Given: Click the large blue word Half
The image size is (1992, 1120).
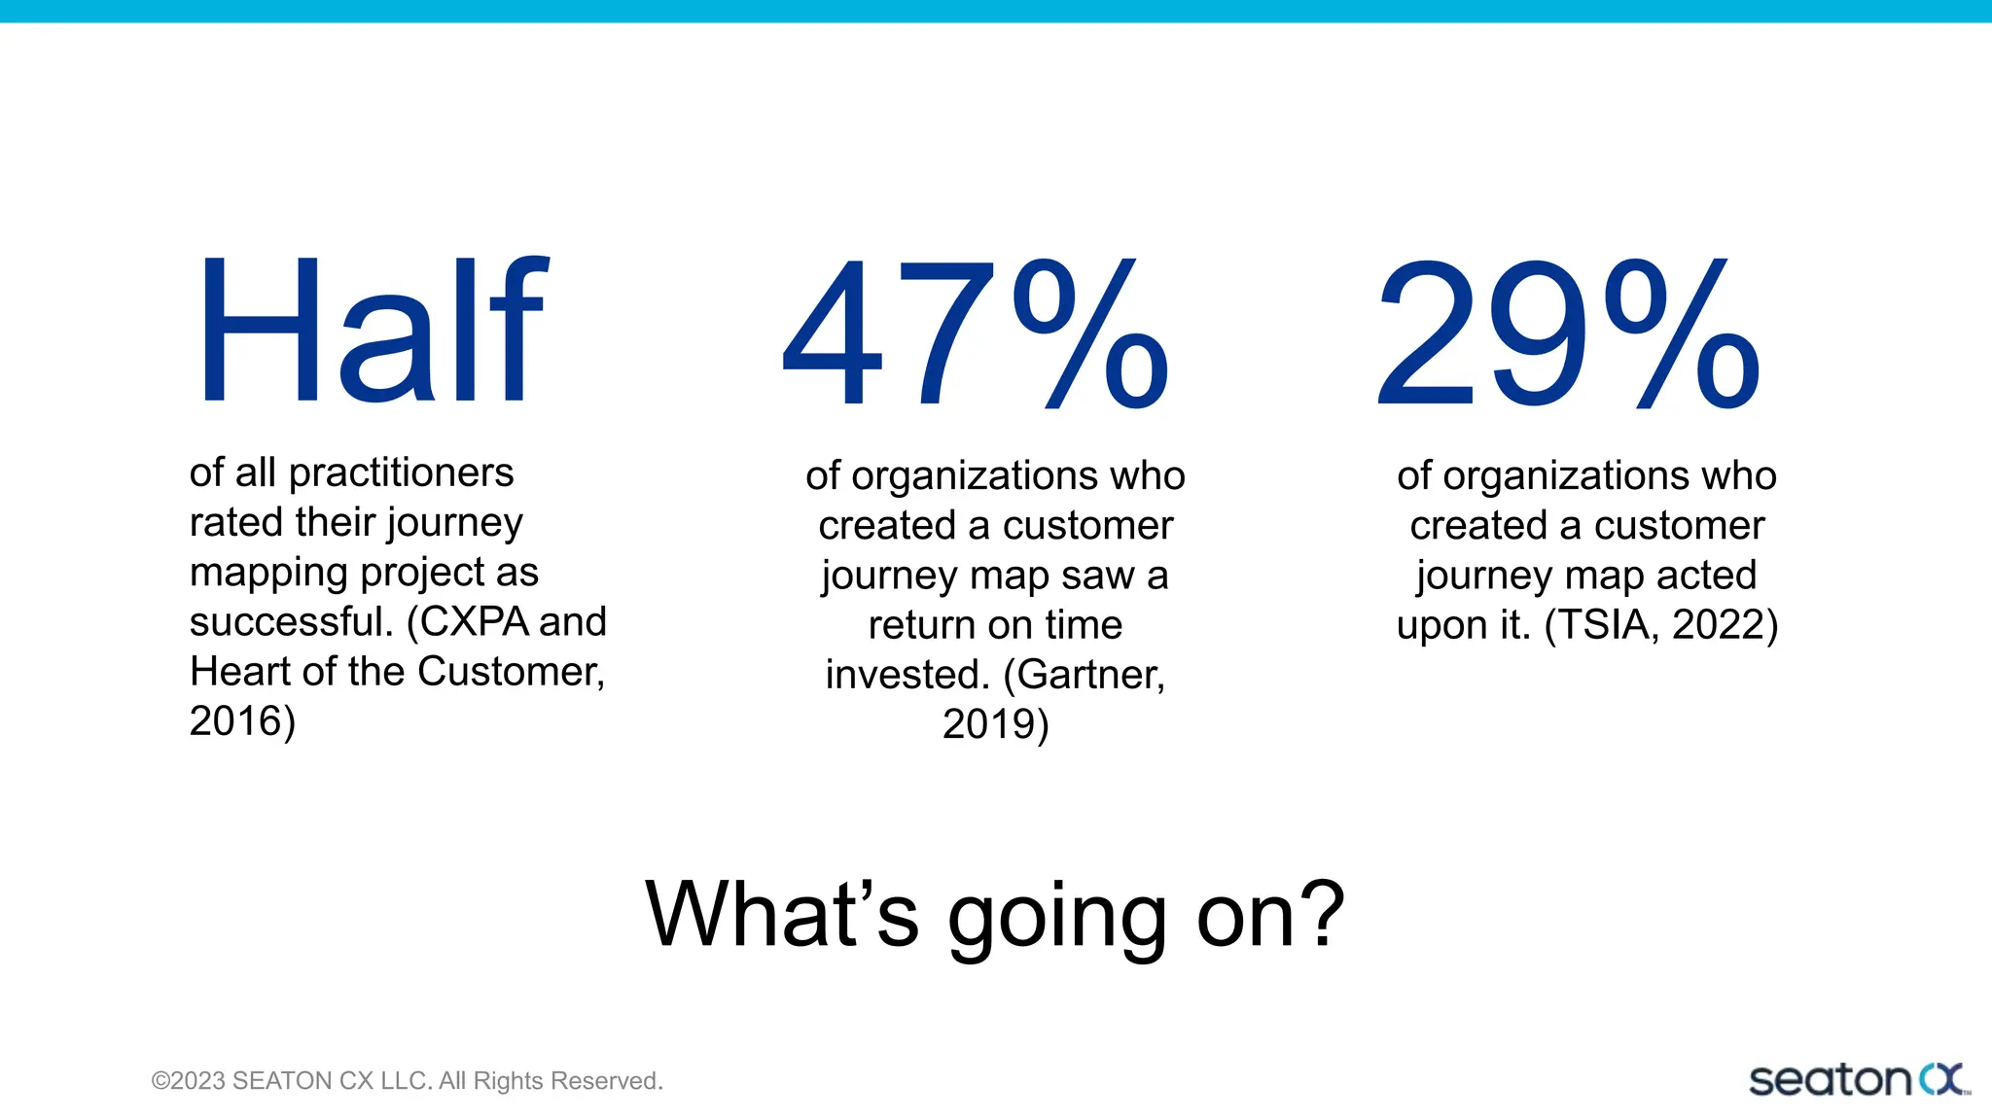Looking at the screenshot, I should pos(373,331).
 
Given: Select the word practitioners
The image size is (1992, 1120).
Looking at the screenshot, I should pos(401,473).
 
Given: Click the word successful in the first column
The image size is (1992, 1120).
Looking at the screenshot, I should pos(290,622).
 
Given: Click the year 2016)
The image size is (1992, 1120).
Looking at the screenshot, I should pos(242,721).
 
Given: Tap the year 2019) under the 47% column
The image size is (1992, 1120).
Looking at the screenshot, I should pos(995,724).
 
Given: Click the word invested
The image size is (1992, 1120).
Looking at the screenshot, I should pos(907,675).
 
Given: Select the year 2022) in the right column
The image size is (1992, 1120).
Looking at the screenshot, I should pos(1725,625).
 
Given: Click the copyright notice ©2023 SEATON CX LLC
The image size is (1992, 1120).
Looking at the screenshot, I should pos(407,1081).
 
